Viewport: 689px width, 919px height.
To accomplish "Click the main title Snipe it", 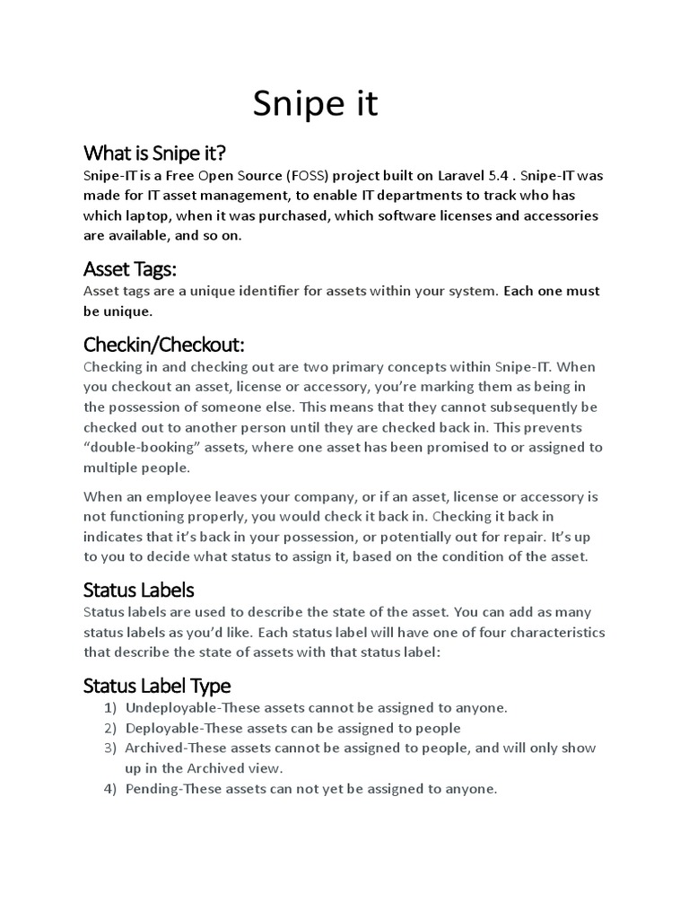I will pyautogui.click(x=315, y=104).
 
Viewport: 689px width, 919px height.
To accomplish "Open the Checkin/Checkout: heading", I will pyautogui.click(x=163, y=345).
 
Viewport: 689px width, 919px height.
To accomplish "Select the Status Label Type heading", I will pyautogui.click(x=157, y=686).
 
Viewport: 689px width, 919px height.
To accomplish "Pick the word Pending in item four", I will pyautogui.click(x=152, y=789).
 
